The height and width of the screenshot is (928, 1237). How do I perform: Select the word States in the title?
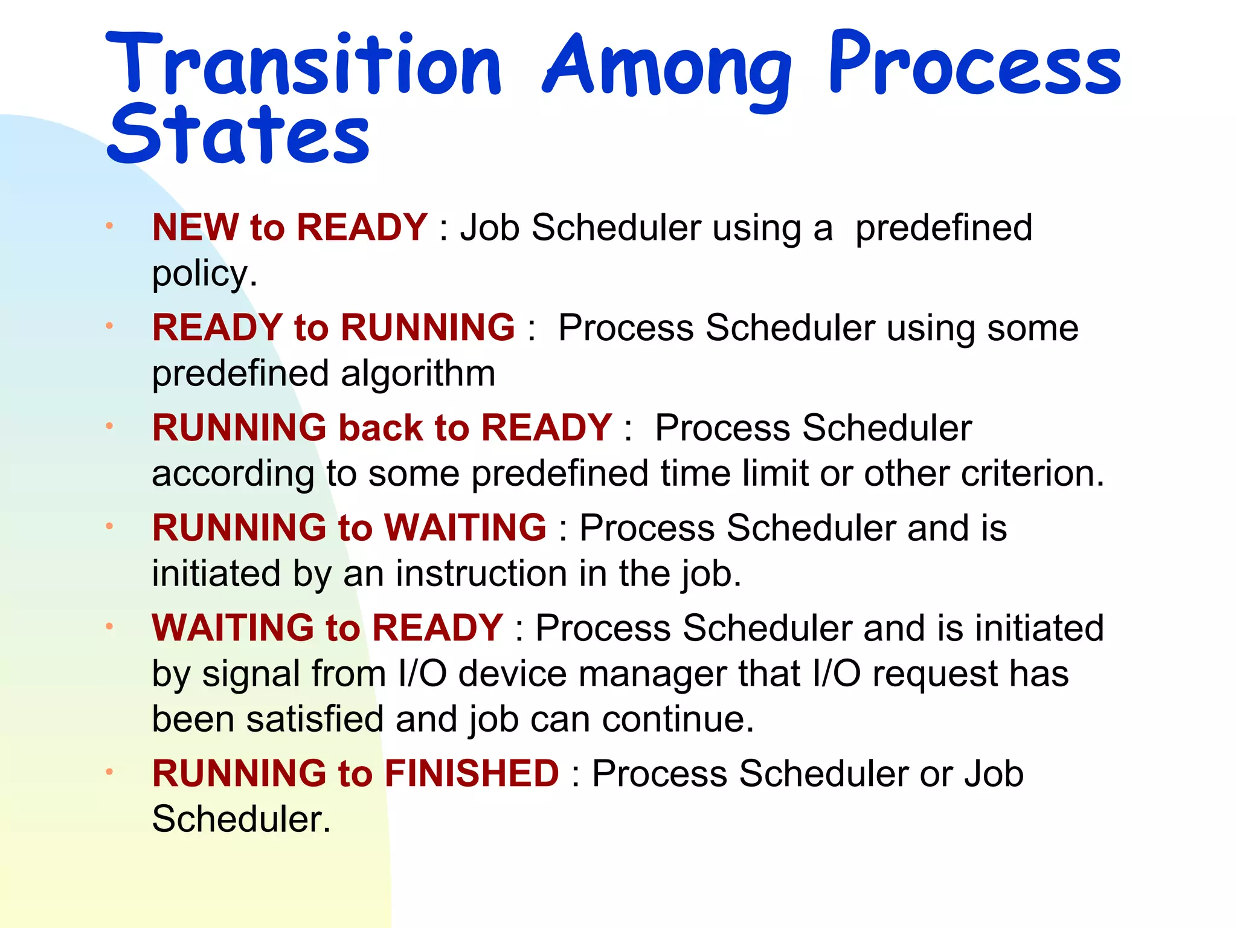pyautogui.click(x=238, y=135)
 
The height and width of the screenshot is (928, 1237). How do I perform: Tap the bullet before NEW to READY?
pyautogui.click(x=109, y=226)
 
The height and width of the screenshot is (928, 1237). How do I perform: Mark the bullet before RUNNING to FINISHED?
pyautogui.click(x=109, y=772)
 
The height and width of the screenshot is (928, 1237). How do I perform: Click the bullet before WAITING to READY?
pyautogui.click(x=109, y=626)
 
